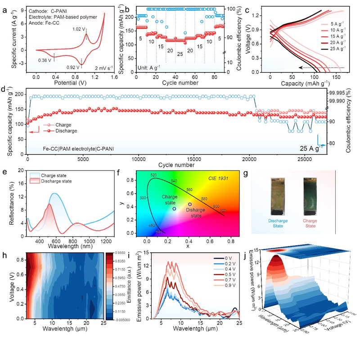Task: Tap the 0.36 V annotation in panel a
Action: (x=45, y=60)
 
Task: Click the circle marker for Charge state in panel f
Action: (x=174, y=209)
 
